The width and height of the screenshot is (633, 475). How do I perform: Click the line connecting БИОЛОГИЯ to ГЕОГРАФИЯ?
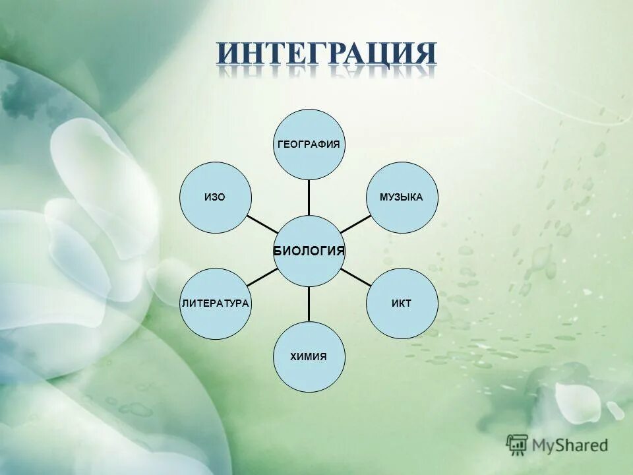(309, 197)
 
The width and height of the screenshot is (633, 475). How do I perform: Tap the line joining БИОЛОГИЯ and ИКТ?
(356, 277)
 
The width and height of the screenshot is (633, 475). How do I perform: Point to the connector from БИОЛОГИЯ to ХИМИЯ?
(309, 304)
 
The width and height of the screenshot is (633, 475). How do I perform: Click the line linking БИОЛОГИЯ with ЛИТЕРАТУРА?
(263, 277)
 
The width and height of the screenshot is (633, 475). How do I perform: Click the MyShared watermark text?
(570, 445)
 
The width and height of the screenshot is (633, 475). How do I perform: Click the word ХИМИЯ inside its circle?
(309, 356)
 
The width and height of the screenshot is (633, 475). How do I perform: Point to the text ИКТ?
(402, 303)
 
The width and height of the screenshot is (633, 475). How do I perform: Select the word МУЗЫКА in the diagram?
(402, 197)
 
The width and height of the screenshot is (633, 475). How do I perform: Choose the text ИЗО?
(215, 198)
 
